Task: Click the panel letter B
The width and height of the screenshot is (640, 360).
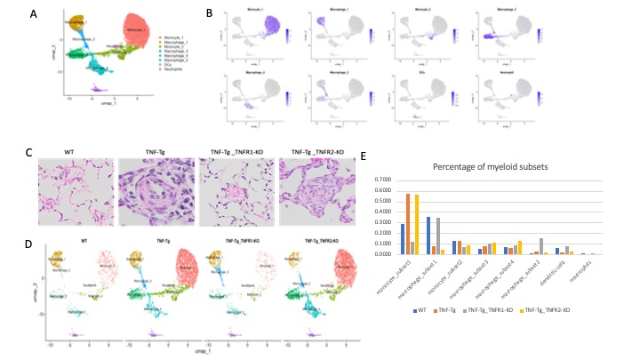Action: coord(209,14)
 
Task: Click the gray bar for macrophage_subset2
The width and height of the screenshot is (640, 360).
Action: coord(540,246)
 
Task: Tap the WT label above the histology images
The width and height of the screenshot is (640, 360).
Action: coord(76,151)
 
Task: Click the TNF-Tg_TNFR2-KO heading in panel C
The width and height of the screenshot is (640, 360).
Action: coord(316,151)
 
